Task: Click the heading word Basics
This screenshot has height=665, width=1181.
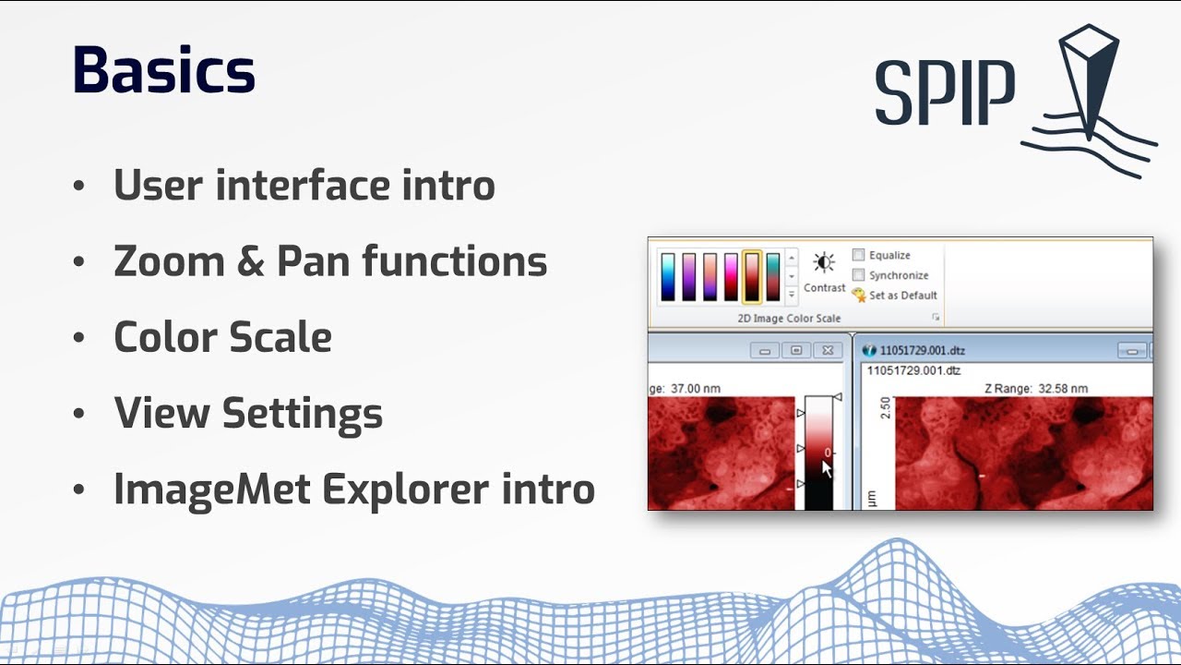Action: [163, 71]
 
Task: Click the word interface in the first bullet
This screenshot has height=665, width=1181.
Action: [304, 185]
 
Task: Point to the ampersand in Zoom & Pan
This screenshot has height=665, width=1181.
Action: [249, 261]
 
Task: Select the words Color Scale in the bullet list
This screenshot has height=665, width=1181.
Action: [222, 337]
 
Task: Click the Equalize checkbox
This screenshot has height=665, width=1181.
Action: [858, 255]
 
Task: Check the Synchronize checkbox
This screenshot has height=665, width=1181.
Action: [858, 275]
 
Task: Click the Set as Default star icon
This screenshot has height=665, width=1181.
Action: [859, 296]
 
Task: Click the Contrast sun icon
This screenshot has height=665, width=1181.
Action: [824, 263]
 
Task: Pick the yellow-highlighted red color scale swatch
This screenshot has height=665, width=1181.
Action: [752, 277]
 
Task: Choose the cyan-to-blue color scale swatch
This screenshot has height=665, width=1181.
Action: [667, 277]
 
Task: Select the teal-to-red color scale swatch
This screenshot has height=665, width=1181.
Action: [773, 277]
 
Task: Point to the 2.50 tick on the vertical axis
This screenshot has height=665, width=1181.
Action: [886, 408]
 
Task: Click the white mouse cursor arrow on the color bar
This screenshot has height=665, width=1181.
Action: [827, 468]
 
